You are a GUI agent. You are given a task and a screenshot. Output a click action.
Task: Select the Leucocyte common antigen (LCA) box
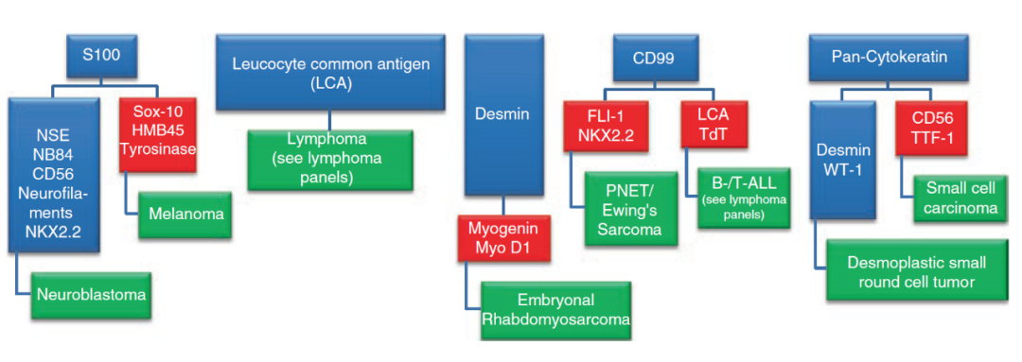click(332, 72)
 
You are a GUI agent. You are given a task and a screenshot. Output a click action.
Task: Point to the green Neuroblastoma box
click(91, 294)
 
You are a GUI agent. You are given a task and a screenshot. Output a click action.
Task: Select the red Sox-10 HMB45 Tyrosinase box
click(158, 135)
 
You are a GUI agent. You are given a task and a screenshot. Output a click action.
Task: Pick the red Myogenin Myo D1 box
click(502, 239)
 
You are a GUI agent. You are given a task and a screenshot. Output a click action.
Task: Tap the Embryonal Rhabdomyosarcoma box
click(555, 310)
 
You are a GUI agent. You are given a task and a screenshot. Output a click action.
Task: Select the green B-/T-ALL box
click(742, 198)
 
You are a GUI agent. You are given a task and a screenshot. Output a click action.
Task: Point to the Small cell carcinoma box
click(964, 198)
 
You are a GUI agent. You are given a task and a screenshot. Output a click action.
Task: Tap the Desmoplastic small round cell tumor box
click(916, 271)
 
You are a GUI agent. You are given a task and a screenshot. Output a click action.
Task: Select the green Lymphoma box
click(330, 160)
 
